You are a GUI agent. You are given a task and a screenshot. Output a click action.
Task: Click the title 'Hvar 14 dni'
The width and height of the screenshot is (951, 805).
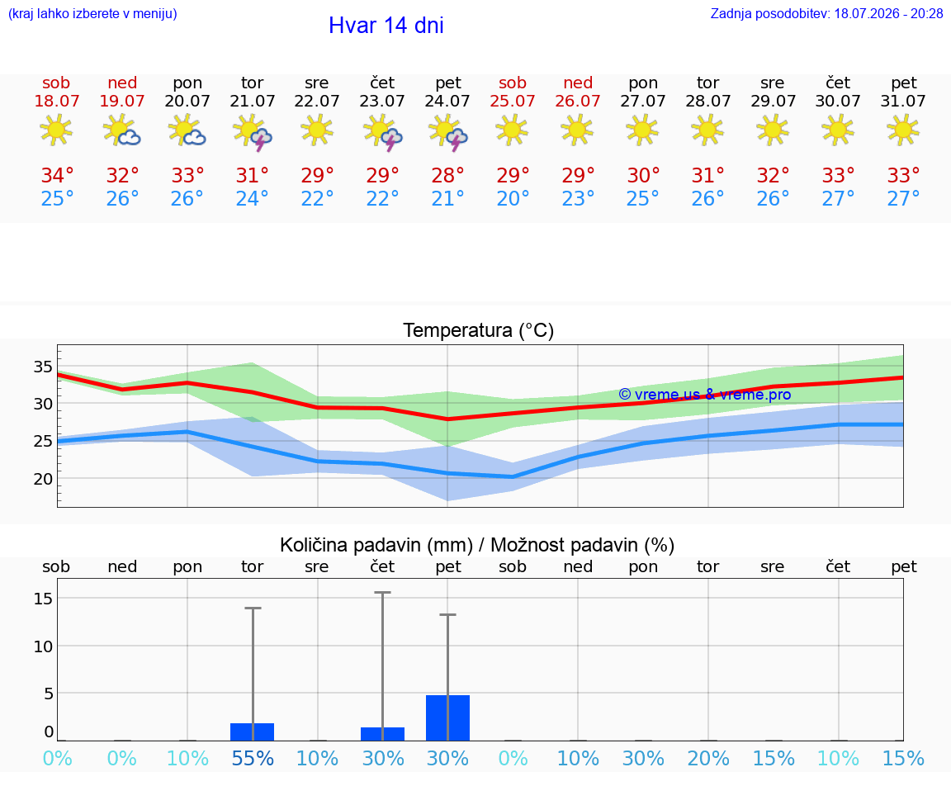tap(386, 26)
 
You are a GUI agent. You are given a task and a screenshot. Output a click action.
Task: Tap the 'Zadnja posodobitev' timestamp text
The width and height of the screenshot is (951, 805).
tap(826, 13)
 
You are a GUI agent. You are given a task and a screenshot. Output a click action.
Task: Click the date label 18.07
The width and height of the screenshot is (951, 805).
tap(56, 101)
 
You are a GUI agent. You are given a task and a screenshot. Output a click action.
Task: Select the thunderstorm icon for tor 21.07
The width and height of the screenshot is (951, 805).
tap(253, 132)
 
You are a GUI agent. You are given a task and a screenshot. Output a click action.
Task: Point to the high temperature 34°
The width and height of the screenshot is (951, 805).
tap(57, 175)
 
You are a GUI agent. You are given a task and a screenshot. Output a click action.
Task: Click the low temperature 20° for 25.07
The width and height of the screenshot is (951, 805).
tap(513, 198)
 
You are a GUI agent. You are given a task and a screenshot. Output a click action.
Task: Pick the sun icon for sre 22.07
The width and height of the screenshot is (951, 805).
tap(317, 130)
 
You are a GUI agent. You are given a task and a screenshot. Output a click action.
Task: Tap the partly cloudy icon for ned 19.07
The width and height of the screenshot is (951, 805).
tap(122, 130)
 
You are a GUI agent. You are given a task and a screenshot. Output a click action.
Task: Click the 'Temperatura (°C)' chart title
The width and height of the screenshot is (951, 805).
tap(479, 330)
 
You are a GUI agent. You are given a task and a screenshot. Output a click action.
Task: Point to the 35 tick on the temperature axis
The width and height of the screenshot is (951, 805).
tap(43, 367)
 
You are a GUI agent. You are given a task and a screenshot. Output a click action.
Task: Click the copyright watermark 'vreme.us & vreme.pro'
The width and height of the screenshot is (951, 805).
tap(705, 395)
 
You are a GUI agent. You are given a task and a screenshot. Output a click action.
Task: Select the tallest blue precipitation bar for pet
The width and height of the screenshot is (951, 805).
tap(447, 717)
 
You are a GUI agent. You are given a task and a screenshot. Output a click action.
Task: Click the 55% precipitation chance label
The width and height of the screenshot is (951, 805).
tap(253, 758)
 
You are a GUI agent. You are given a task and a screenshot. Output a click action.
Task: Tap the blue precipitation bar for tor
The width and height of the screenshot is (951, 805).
tap(253, 732)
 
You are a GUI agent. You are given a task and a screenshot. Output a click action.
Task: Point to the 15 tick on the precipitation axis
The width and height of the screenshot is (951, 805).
tap(43, 599)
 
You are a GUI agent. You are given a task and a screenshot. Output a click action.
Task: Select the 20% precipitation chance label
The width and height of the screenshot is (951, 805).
tap(707, 758)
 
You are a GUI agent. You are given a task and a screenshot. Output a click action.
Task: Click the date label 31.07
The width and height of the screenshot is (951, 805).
tap(903, 101)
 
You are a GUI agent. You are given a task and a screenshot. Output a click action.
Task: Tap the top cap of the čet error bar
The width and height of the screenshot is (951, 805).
tap(383, 592)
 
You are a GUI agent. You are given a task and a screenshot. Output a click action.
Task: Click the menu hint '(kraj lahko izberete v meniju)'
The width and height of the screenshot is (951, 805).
tap(92, 14)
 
